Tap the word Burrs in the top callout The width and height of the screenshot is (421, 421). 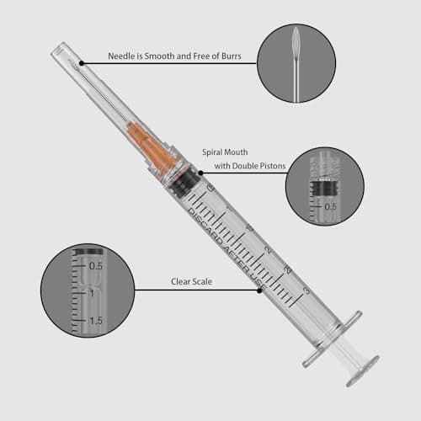(232, 56)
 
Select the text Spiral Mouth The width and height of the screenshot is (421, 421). (225, 152)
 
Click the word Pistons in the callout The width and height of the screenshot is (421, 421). (272, 166)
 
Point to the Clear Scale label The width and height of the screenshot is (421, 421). (191, 281)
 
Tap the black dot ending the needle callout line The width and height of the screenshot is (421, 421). (82, 63)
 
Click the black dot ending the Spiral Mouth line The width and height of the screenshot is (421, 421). (200, 173)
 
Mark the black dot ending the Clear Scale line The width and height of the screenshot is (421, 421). (259, 290)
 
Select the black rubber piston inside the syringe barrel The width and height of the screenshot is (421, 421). (183, 183)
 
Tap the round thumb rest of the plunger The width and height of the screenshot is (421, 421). (363, 371)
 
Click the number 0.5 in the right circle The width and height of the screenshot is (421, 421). (330, 207)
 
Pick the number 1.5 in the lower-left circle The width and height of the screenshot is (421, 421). (96, 321)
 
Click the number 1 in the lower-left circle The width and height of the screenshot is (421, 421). (92, 293)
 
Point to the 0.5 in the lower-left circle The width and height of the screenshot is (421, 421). (96, 266)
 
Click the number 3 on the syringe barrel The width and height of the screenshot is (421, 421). (307, 290)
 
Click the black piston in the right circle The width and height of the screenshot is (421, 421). (325, 188)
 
